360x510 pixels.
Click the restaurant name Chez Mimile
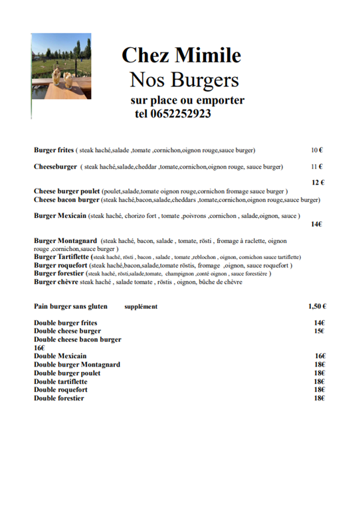click(181, 54)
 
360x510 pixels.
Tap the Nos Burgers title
click(184, 80)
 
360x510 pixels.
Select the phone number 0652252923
click(183, 114)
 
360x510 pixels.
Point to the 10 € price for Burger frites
click(317, 150)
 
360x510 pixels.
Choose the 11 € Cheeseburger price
click(317, 167)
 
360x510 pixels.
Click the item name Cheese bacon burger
click(66, 199)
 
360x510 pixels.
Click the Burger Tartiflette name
click(62, 256)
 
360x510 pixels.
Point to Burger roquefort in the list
click(61, 265)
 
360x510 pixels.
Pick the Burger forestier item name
click(59, 273)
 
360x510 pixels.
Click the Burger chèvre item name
click(56, 282)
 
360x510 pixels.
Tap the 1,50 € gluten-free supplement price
click(317, 307)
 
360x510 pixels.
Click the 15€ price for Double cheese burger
click(319, 331)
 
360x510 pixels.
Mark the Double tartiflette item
click(60, 381)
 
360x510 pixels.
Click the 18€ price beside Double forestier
click(319, 398)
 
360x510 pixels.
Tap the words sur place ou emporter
click(188, 100)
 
